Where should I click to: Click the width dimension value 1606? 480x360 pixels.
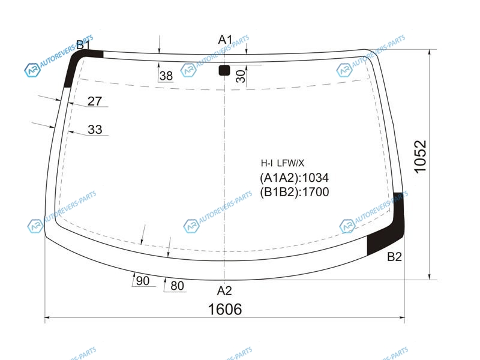[225, 309]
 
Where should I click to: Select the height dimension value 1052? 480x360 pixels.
[421, 157]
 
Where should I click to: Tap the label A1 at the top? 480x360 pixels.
[225, 40]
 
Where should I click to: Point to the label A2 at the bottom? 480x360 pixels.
[224, 290]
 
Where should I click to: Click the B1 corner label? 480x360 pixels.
[83, 44]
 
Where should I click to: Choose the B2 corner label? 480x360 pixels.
[394, 257]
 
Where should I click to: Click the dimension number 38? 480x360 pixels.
[166, 76]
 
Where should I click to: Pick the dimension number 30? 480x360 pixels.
[241, 77]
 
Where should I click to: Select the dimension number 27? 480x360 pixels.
[95, 101]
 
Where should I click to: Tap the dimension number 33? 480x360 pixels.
[95, 130]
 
